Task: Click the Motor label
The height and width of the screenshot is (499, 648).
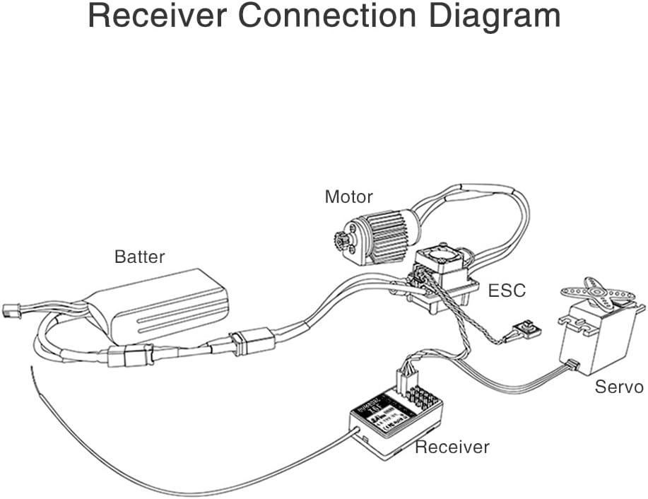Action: pos(348,196)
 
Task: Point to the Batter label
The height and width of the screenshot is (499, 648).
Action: pos(139,256)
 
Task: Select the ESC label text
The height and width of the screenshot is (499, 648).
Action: pos(507,290)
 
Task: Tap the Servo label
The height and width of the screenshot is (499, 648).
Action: pos(618,387)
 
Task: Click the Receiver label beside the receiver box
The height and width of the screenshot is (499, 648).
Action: pos(452,447)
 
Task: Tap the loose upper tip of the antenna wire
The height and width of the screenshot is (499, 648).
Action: pos(31,369)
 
